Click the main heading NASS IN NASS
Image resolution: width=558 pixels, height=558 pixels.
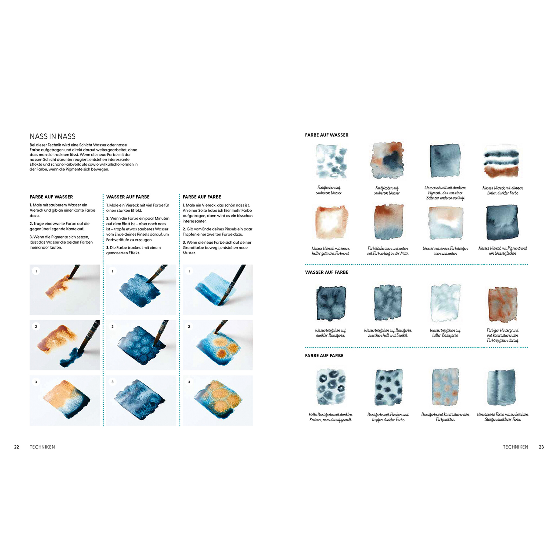(x=53, y=136)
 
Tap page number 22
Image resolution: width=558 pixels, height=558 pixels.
(x=17, y=447)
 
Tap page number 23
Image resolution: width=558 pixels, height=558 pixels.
(x=541, y=447)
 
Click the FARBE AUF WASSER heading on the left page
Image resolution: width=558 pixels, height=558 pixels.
(x=51, y=197)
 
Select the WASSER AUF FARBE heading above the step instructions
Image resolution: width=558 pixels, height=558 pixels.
(x=128, y=197)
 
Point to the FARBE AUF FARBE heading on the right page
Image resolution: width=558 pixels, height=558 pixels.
(x=324, y=355)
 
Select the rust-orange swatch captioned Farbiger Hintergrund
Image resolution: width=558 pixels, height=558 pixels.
(x=502, y=304)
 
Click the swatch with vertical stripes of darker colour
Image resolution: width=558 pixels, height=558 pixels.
(x=502, y=387)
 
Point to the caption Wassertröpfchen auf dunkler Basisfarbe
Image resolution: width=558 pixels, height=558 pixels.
(x=330, y=333)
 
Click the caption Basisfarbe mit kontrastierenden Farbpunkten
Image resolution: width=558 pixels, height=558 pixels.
(x=445, y=417)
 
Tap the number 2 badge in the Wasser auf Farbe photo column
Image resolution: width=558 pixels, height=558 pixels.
(x=113, y=326)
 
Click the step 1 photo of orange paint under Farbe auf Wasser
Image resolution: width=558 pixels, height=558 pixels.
(x=65, y=289)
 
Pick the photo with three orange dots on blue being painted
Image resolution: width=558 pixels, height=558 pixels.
(x=218, y=345)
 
